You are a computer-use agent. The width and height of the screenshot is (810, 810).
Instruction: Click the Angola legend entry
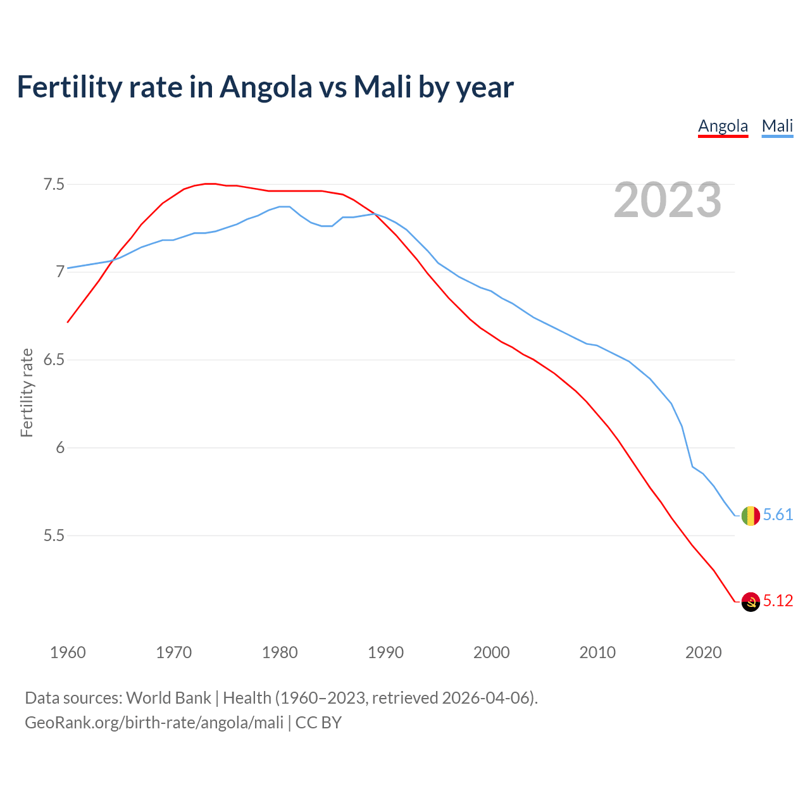pyautogui.click(x=723, y=126)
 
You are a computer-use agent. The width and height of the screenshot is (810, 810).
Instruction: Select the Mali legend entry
pyautogui.click(x=777, y=126)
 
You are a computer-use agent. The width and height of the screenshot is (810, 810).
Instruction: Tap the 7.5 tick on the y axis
pyautogui.click(x=54, y=185)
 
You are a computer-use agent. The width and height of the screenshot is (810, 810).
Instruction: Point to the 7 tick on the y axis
pyautogui.click(x=60, y=272)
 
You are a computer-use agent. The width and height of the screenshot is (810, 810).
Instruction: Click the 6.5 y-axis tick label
pyautogui.click(x=54, y=360)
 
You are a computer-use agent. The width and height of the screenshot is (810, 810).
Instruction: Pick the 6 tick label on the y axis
pyautogui.click(x=60, y=447)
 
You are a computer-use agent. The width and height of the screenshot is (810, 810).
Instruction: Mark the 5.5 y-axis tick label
pyautogui.click(x=54, y=535)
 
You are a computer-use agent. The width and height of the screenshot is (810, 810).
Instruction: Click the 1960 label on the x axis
pyautogui.click(x=68, y=652)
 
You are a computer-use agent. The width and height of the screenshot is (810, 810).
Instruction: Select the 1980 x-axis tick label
pyautogui.click(x=280, y=652)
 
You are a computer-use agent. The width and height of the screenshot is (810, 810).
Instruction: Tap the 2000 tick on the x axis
pyautogui.click(x=491, y=652)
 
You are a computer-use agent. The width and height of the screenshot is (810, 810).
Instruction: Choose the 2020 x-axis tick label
pyautogui.click(x=703, y=652)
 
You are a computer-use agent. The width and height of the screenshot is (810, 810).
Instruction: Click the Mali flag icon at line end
pyautogui.click(x=751, y=516)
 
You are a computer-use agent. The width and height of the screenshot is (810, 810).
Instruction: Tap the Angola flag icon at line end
pyautogui.click(x=751, y=601)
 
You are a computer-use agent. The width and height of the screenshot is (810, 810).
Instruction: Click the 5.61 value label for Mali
pyautogui.click(x=778, y=515)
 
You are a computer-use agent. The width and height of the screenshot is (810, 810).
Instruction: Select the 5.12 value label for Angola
pyautogui.click(x=778, y=601)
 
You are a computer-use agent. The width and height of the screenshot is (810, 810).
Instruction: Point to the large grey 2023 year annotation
pyautogui.click(x=668, y=200)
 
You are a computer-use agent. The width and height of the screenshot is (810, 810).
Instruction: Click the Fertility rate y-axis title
pyautogui.click(x=27, y=392)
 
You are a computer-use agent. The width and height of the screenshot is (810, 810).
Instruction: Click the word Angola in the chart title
pyautogui.click(x=266, y=87)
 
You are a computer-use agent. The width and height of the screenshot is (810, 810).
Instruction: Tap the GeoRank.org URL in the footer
pyautogui.click(x=154, y=722)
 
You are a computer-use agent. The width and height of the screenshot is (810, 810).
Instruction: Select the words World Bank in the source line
pyautogui.click(x=168, y=698)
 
